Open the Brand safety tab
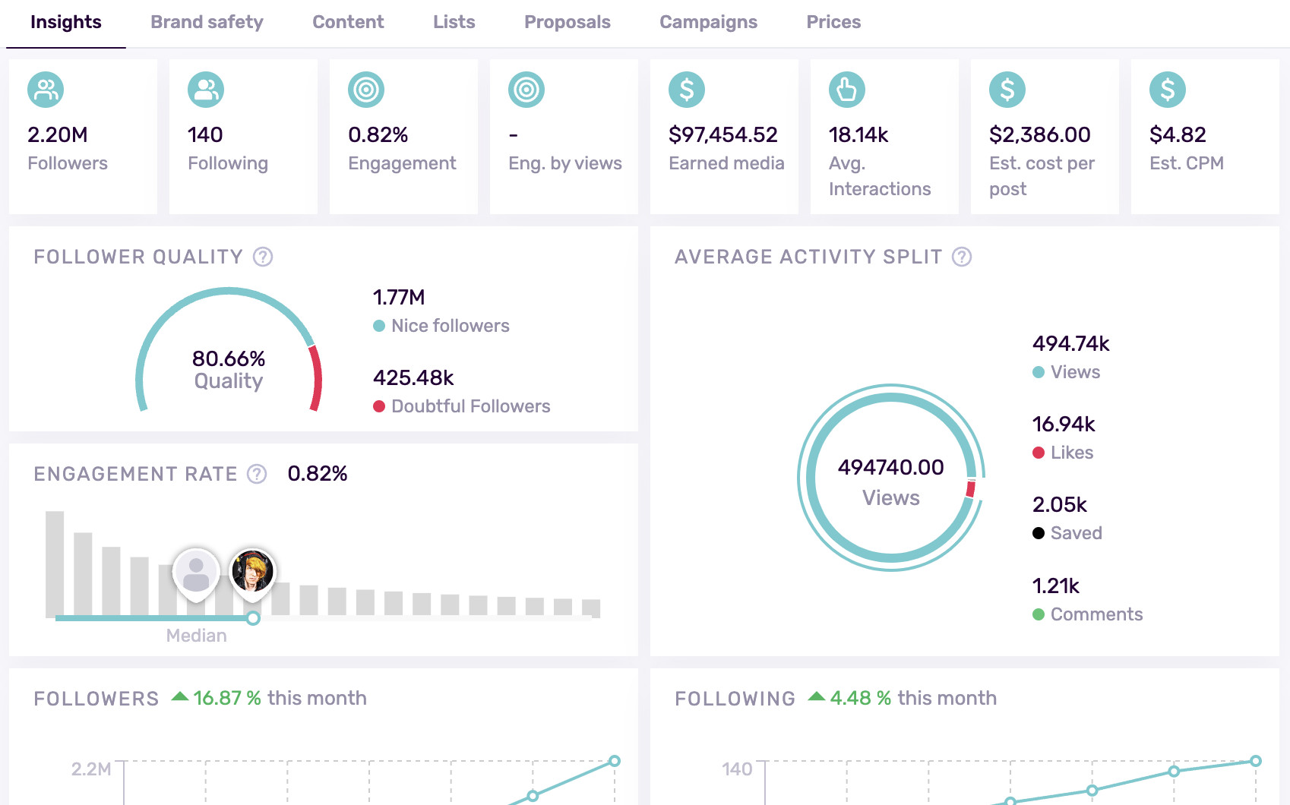[207, 22]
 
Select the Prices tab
[833, 22]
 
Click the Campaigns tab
[708, 22]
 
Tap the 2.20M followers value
[58, 134]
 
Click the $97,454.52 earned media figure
[722, 134]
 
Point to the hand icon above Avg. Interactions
[846, 90]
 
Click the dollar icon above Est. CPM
[1167, 90]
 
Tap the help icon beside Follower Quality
[263, 257]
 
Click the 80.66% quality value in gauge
[229, 358]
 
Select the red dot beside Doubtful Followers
[379, 406]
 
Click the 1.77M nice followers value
[399, 297]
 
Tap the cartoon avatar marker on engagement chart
[252, 572]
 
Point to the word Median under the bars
[196, 636]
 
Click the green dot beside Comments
[1039, 614]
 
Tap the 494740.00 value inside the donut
[890, 467]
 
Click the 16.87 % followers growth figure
[226, 698]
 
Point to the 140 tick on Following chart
[736, 769]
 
